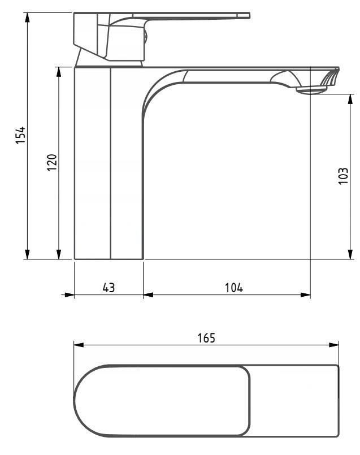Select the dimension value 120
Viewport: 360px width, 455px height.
[51, 163]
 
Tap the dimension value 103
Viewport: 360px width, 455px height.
[343, 177]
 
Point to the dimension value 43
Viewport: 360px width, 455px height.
[109, 287]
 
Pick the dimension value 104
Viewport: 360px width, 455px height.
[232, 287]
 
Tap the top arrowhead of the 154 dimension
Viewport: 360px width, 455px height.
[27, 15]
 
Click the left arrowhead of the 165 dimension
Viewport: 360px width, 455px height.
[79, 344]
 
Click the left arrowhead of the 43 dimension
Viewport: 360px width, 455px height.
[70, 294]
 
